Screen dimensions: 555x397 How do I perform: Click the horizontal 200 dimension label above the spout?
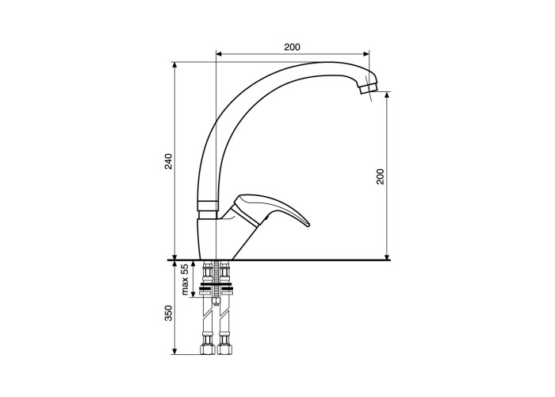(292, 47)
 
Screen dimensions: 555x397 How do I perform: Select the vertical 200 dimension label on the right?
(380, 176)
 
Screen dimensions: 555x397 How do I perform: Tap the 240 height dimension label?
(169, 161)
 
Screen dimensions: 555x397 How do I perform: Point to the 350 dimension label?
(169, 313)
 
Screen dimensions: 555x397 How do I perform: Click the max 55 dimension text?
(184, 279)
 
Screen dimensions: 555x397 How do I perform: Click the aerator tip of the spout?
(369, 87)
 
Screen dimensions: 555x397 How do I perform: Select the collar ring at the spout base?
(207, 206)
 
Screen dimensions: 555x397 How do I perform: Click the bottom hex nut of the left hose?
(208, 349)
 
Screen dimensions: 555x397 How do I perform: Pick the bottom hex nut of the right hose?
(224, 349)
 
